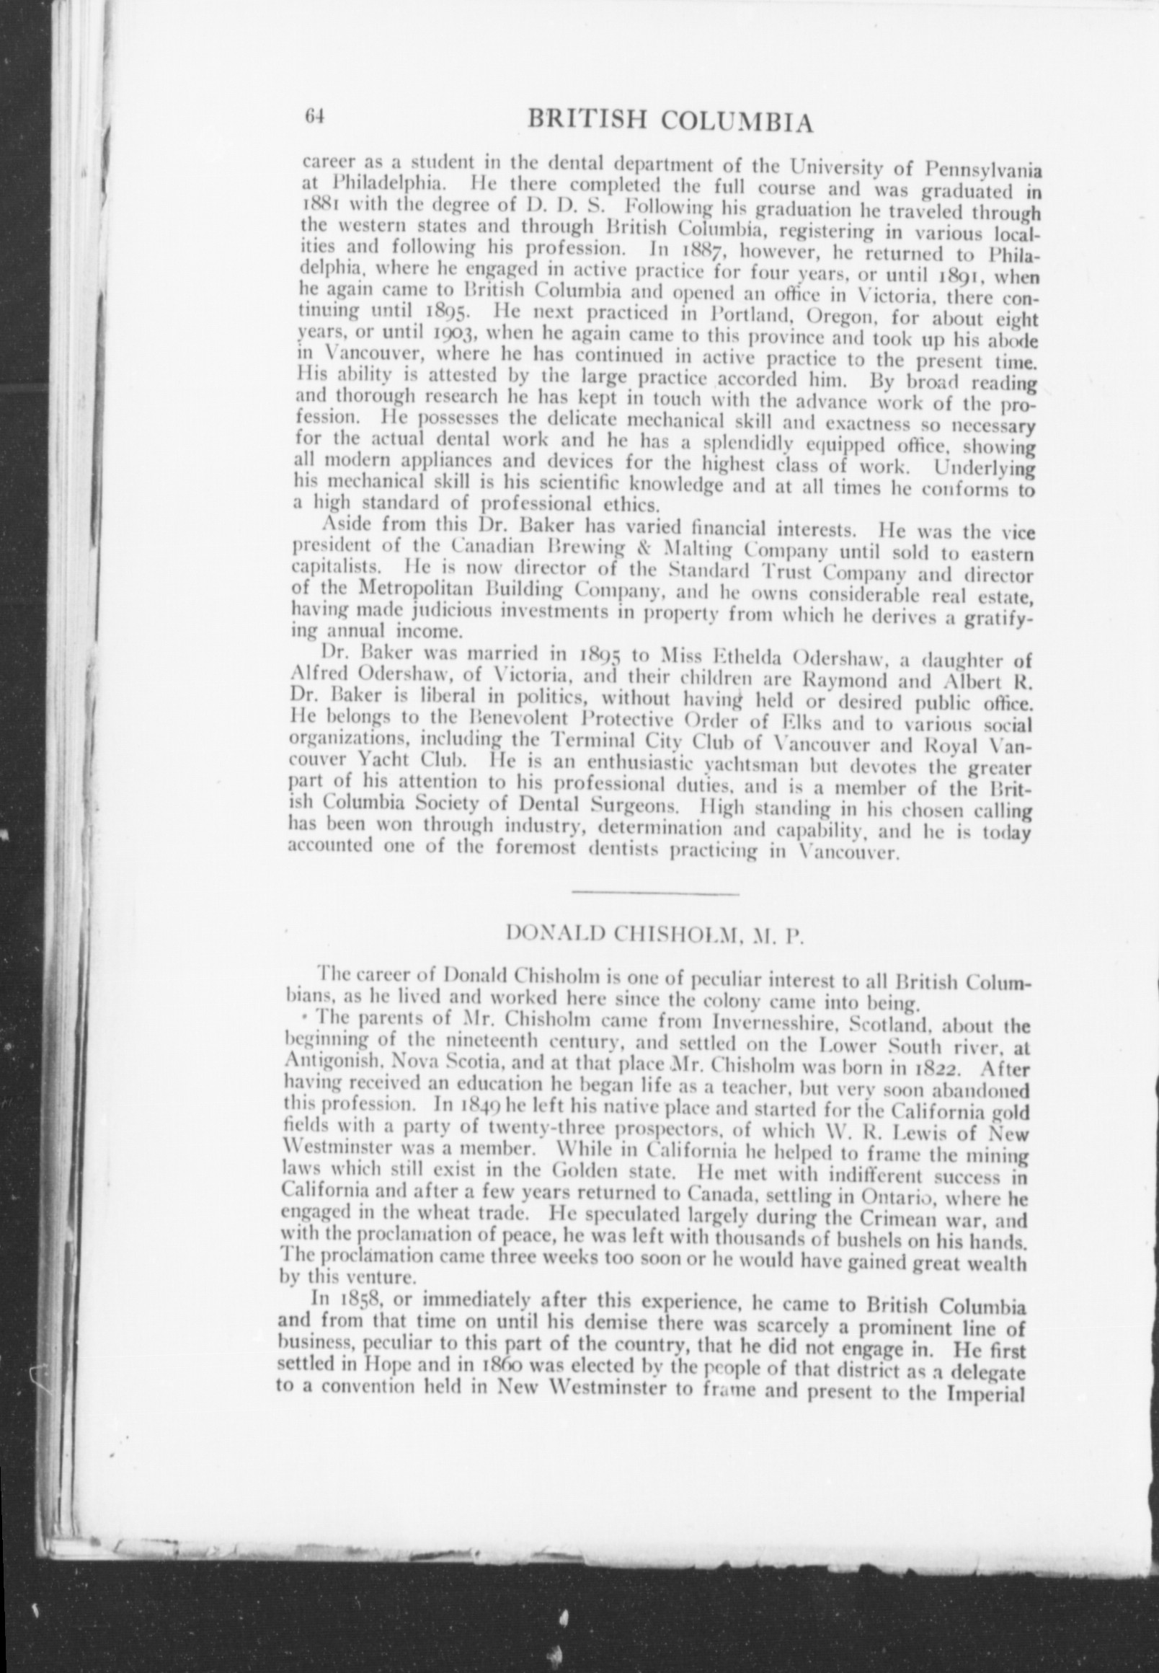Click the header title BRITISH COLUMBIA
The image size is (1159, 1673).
670,121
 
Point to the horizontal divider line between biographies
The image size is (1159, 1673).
655,892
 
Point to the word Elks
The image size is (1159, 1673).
814,723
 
